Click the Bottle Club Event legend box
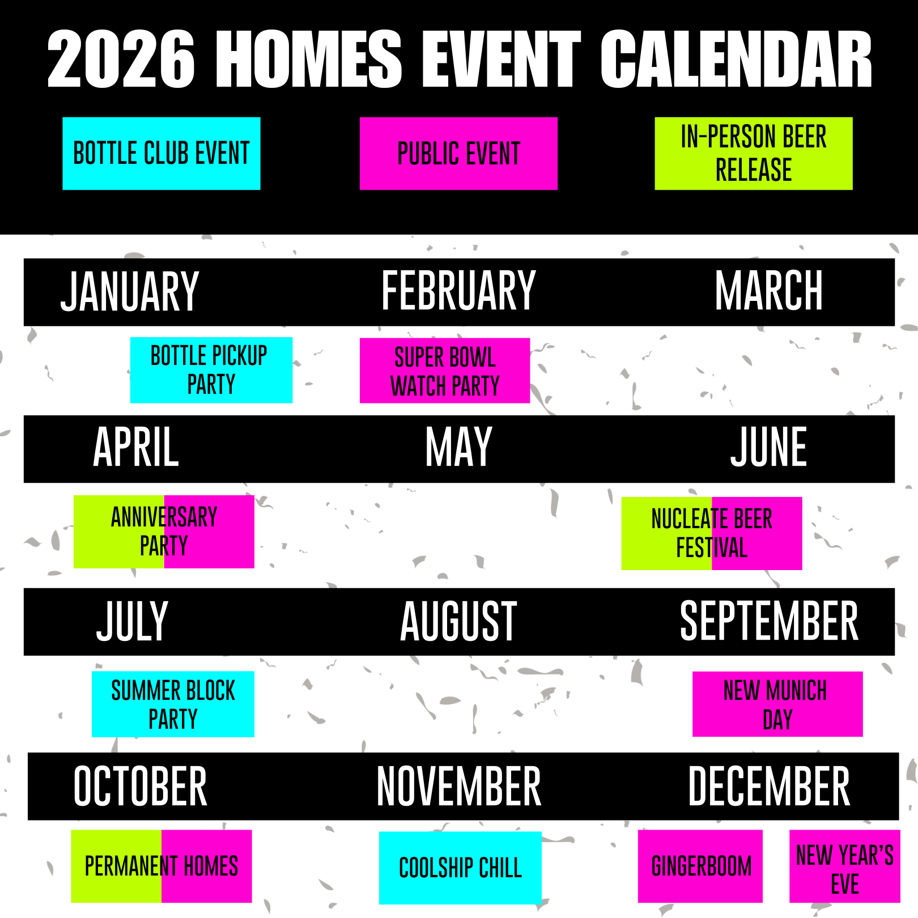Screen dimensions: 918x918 pos(161,154)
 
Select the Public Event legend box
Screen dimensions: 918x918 pos(458,154)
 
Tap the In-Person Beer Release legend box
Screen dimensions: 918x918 pos(753,154)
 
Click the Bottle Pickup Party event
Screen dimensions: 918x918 pos(211,370)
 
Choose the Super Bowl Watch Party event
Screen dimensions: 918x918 pos(445,371)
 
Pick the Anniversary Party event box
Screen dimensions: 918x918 pos(164,532)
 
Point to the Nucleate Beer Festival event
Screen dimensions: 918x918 pos(712,533)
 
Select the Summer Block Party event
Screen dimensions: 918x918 pos(173,704)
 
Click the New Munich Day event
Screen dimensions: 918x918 pos(777,704)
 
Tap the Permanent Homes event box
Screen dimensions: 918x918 pos(161,866)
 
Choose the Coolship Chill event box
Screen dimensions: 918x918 pos(460,868)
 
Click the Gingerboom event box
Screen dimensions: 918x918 pos(700,866)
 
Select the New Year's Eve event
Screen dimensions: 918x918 pos(844,866)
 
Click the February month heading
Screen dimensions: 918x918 pos(458,291)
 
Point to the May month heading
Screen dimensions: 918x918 pos(458,448)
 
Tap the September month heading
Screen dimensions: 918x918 pos(769,622)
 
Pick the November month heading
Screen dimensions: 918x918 pos(458,787)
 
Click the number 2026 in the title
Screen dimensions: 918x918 pos(121,59)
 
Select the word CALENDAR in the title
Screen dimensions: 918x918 pos(736,59)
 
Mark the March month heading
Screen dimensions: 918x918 pos(769,291)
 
